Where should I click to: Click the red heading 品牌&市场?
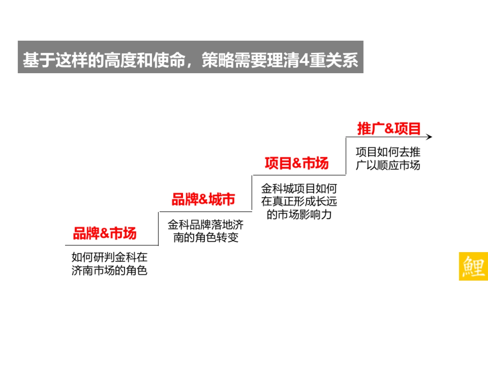click(x=105, y=234)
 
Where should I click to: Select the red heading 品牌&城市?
click(x=203, y=200)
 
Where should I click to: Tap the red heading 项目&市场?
click(x=296, y=163)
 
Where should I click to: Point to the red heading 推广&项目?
click(x=389, y=129)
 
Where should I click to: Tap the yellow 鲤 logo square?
click(x=473, y=266)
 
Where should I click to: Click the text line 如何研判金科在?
click(x=109, y=257)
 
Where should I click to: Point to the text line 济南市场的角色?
click(x=109, y=270)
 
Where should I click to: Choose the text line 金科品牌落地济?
click(x=206, y=225)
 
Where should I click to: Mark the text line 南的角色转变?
click(x=206, y=237)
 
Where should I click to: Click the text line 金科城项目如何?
click(x=299, y=189)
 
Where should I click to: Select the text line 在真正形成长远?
click(x=299, y=201)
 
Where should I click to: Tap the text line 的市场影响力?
click(x=299, y=214)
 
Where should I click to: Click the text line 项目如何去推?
click(x=388, y=152)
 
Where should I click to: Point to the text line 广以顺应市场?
click(x=388, y=165)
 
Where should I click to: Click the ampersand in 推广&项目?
click(x=389, y=129)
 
